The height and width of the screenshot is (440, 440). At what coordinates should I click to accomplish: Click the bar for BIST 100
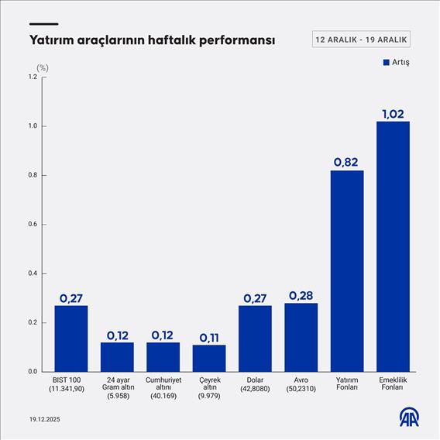70,338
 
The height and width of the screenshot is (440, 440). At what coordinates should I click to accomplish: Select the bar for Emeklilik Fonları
393,246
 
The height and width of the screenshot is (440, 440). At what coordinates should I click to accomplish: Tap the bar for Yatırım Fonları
347,270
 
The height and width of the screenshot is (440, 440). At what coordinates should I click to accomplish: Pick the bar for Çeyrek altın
209,358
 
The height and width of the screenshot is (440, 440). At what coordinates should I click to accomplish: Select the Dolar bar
255,338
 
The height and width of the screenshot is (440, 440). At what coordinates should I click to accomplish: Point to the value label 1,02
393,113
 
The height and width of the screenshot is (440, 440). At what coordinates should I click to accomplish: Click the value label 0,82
347,162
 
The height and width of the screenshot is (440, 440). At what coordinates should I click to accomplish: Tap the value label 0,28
301,295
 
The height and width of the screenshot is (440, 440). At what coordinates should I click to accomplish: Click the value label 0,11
209,337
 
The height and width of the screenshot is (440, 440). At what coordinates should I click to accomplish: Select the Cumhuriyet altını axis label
163,387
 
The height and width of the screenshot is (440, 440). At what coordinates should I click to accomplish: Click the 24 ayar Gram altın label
117,387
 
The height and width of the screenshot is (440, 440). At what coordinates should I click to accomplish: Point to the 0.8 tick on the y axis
32,175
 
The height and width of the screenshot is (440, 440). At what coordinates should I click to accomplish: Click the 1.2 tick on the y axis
32,77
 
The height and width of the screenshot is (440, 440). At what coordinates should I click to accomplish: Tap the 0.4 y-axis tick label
32,273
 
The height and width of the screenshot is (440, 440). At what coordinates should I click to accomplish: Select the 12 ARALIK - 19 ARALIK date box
361,40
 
